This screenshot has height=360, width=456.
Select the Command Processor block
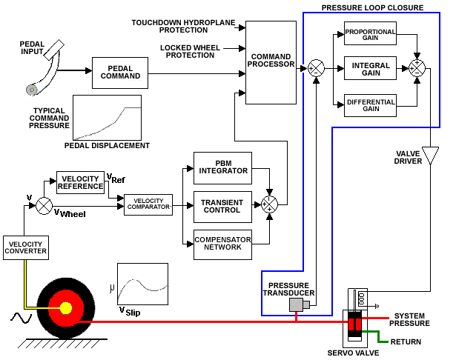(271, 61)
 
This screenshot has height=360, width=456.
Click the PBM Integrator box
(222, 167)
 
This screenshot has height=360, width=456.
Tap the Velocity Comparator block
(148, 202)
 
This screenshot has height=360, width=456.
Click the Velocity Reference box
(81, 182)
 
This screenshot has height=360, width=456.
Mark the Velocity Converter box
(25, 247)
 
